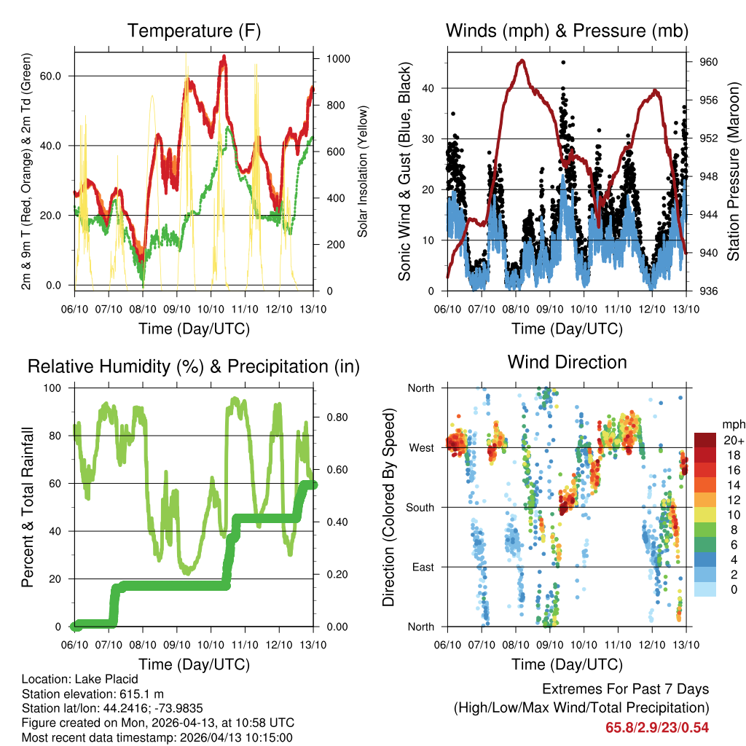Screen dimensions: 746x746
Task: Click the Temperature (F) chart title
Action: (x=194, y=31)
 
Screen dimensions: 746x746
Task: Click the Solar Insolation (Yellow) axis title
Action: (x=362, y=171)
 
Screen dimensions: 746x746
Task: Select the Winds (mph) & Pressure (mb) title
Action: (x=567, y=31)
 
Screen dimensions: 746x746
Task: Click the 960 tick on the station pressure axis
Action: (x=709, y=63)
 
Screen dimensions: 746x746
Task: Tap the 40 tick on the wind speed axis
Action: (x=433, y=88)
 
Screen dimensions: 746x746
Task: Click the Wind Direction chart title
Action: (x=567, y=362)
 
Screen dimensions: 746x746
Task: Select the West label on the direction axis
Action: (x=422, y=447)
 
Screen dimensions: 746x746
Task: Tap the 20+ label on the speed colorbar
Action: (x=733, y=440)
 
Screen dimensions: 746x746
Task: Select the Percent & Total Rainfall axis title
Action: (x=29, y=507)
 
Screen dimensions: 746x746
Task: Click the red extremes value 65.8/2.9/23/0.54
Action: (x=657, y=727)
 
